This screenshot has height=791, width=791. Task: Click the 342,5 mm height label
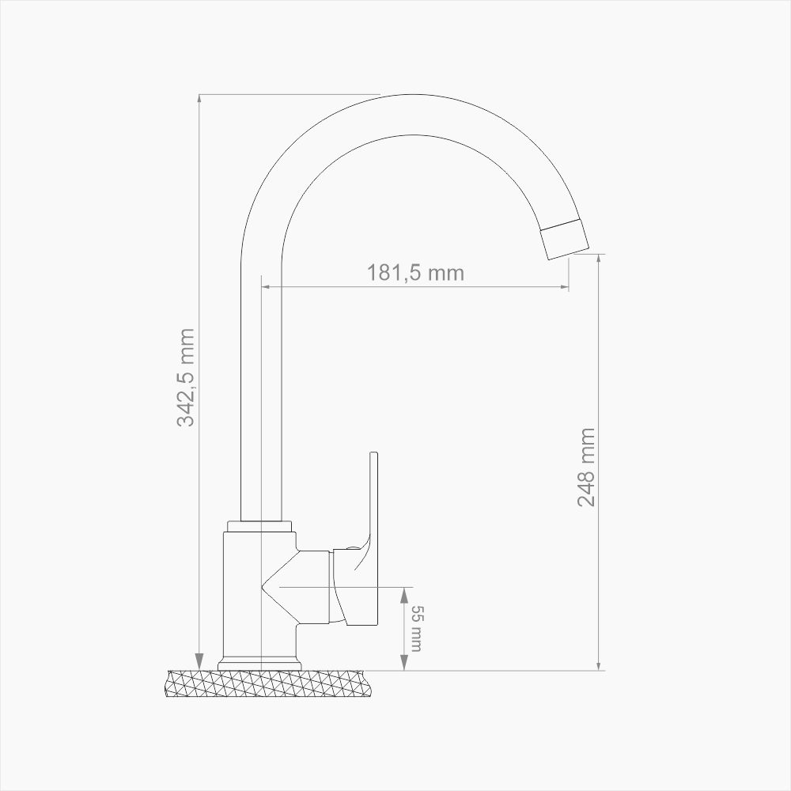tap(186, 377)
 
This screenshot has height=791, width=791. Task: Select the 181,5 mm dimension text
tap(415, 273)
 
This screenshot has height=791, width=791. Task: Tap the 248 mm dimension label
tap(586, 467)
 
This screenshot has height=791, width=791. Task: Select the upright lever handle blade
tap(376, 506)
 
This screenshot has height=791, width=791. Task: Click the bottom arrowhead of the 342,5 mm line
tap(199, 663)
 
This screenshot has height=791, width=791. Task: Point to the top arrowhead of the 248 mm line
tap(600, 260)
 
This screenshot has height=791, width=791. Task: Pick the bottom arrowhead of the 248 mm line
tap(600, 664)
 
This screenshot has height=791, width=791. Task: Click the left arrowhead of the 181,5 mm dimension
tap(267, 286)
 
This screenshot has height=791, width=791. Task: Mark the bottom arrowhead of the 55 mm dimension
tap(404, 664)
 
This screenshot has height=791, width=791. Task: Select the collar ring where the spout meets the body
tap(259, 526)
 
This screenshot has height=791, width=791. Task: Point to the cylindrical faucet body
tap(241, 593)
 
